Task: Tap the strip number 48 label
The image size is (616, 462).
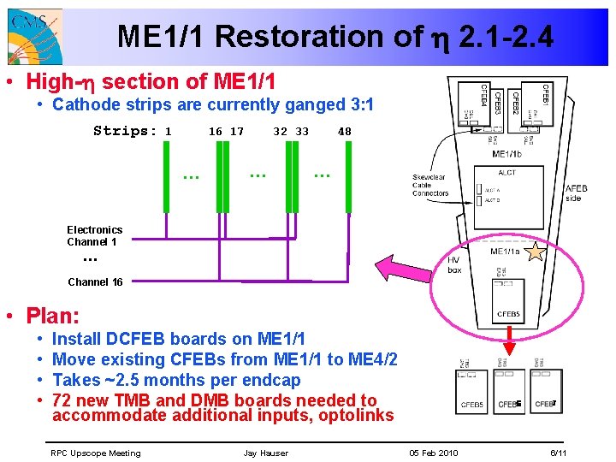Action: click(344, 132)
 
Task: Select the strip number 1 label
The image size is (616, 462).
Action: click(169, 132)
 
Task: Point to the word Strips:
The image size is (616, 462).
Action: click(125, 132)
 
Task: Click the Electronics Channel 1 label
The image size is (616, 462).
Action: click(94, 235)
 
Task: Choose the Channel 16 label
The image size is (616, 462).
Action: click(95, 281)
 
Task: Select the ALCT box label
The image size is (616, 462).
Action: click(507, 173)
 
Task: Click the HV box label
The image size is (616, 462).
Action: click(454, 265)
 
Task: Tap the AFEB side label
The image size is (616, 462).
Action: click(577, 193)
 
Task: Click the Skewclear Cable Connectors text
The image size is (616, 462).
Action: click(430, 186)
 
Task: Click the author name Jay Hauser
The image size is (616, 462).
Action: click(265, 453)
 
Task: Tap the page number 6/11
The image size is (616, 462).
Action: click(558, 453)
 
